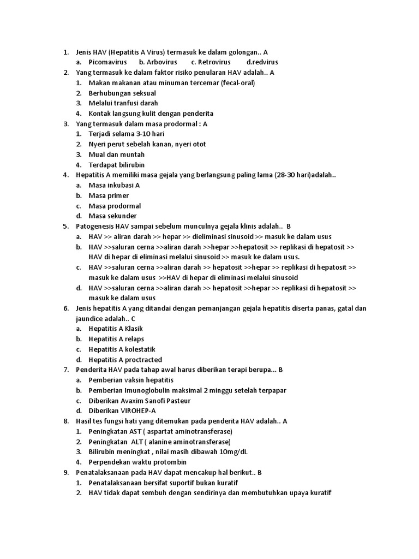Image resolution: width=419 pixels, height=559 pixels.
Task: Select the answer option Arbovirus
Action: click(x=162, y=62)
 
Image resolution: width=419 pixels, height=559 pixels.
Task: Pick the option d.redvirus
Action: click(x=262, y=62)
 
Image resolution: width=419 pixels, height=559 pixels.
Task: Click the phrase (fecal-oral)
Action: click(x=238, y=83)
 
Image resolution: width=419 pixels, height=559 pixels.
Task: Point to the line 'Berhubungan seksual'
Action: click(x=122, y=93)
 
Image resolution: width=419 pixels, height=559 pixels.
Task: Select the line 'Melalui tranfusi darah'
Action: click(x=123, y=103)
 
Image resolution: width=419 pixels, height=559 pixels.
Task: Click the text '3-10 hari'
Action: click(x=150, y=134)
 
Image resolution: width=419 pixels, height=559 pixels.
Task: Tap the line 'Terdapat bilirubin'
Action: click(x=117, y=165)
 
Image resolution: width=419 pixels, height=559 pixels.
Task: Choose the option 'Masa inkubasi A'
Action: click(x=115, y=185)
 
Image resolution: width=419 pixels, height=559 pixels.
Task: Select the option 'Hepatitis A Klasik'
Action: click(x=116, y=329)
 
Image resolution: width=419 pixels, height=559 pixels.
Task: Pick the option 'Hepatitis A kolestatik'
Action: click(x=122, y=349)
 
